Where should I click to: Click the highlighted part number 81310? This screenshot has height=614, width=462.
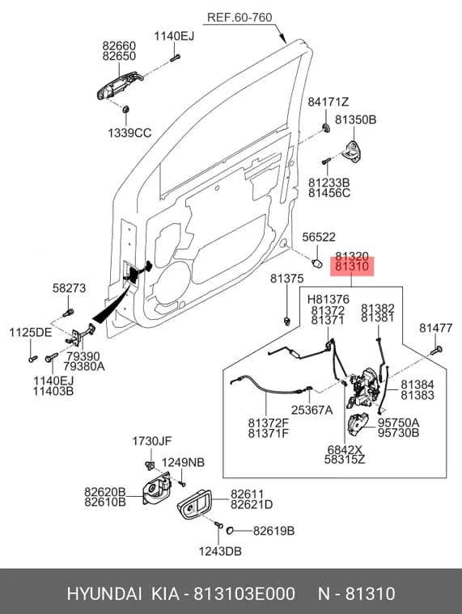pyautogui.click(x=352, y=267)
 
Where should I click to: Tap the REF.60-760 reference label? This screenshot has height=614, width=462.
pyautogui.click(x=239, y=18)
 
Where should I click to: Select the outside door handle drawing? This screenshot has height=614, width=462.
pyautogui.click(x=120, y=85)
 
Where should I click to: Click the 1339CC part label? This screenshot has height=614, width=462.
pyautogui.click(x=129, y=133)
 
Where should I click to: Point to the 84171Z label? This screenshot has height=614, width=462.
pyautogui.click(x=328, y=103)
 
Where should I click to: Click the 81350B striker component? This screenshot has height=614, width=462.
pyautogui.click(x=353, y=152)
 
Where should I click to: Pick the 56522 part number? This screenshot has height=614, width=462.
pyautogui.click(x=319, y=237)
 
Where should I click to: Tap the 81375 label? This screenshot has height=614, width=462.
pyautogui.click(x=286, y=279)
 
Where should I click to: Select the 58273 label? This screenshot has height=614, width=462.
pyautogui.click(x=69, y=288)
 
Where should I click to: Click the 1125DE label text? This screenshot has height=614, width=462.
pyautogui.click(x=31, y=333)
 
